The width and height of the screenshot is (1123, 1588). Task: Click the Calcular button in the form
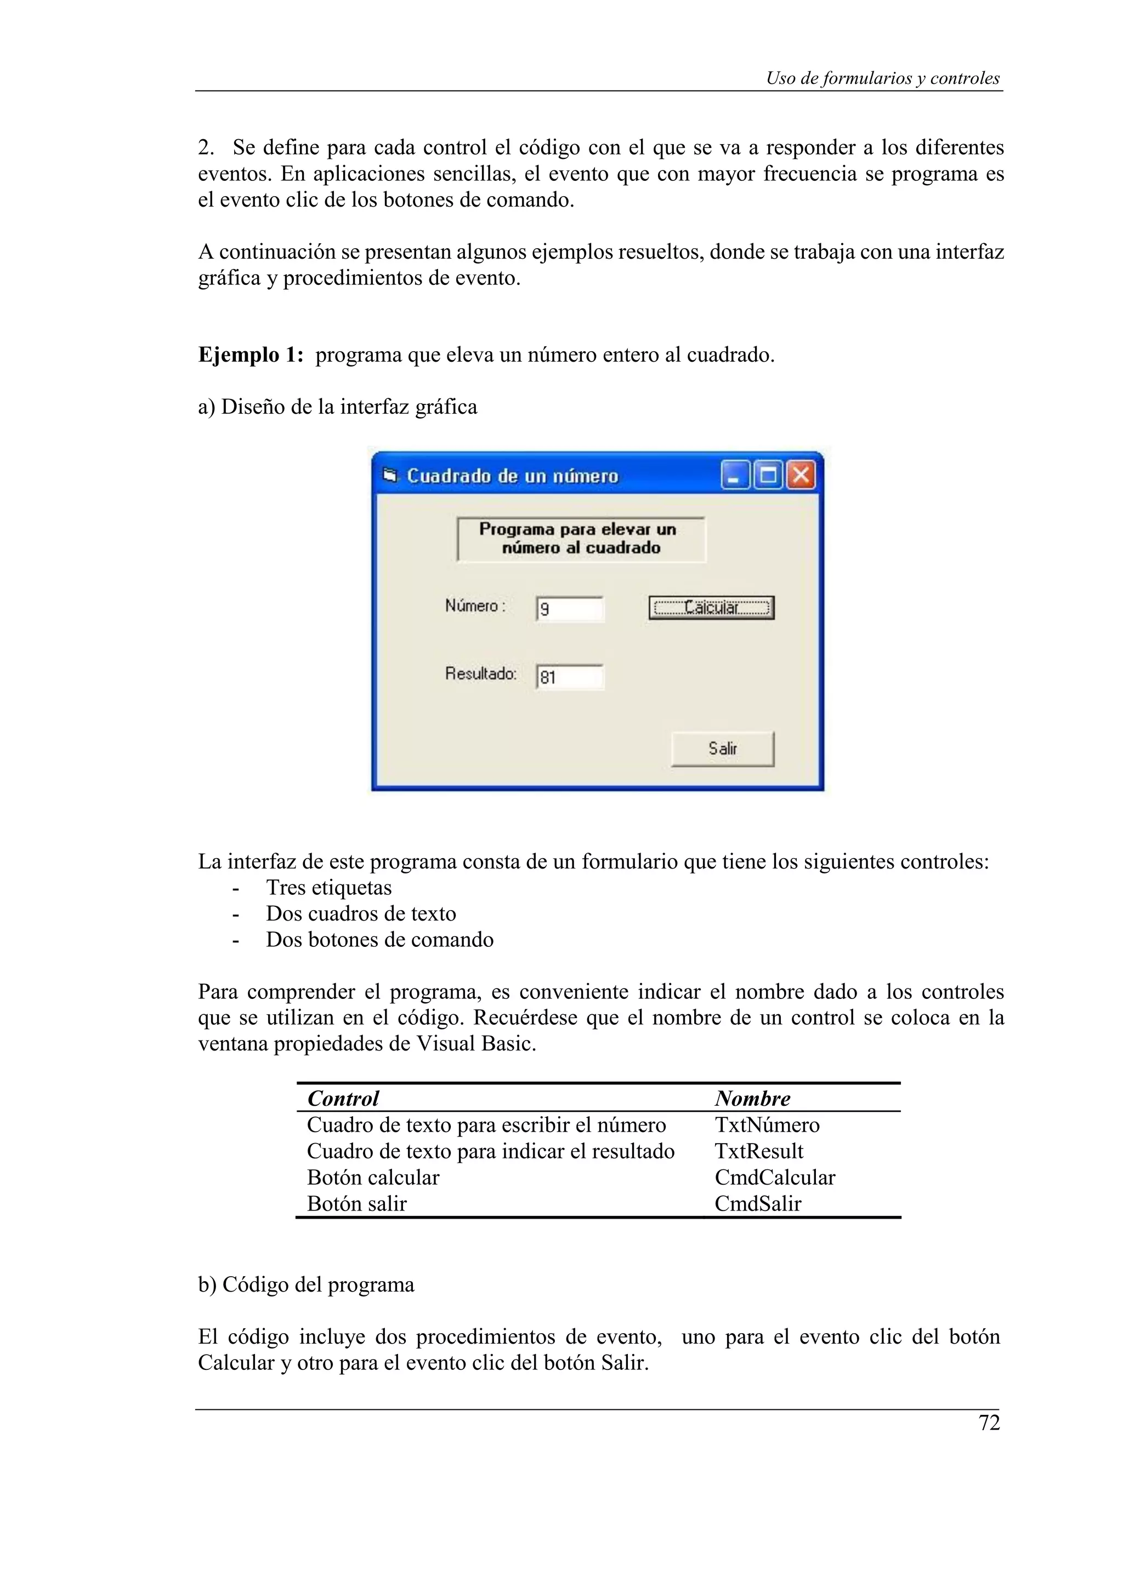(711, 608)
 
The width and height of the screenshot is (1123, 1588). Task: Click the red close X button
(801, 475)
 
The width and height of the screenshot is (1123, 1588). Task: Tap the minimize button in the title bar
(734, 475)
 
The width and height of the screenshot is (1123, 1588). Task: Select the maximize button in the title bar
(767, 475)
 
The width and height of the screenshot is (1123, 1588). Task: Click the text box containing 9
(570, 609)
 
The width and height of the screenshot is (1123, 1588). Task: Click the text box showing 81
(570, 677)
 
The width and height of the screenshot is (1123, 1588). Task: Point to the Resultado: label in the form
(481, 673)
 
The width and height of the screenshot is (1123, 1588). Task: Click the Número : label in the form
(475, 606)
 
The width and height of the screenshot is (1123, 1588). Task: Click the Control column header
(343, 1098)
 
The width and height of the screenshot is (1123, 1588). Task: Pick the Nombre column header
(752, 1098)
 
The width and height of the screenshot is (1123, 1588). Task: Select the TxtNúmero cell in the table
(767, 1124)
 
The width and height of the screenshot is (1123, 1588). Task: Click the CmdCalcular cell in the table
(774, 1177)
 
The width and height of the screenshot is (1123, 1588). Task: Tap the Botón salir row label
(356, 1203)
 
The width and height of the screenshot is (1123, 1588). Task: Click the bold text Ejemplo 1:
(251, 355)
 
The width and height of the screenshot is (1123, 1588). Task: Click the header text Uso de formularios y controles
(882, 78)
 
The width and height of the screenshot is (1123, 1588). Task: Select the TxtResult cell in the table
(758, 1151)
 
